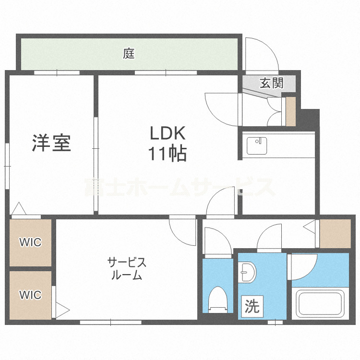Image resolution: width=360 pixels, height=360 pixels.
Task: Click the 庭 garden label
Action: point(128,53)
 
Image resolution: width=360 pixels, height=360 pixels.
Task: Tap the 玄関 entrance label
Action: point(271,83)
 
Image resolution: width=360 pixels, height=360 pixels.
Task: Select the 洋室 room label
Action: point(51,143)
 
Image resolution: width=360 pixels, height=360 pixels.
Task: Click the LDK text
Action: point(166,133)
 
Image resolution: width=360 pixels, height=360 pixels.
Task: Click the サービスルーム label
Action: point(126,269)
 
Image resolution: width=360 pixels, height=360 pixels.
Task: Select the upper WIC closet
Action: point(30,242)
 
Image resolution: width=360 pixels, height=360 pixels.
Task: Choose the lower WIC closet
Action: point(30,294)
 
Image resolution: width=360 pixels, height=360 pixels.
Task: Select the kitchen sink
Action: point(257,145)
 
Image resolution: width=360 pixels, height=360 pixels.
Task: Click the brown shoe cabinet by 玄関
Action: point(290,112)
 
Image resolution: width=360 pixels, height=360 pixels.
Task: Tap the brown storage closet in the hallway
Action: point(335,234)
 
